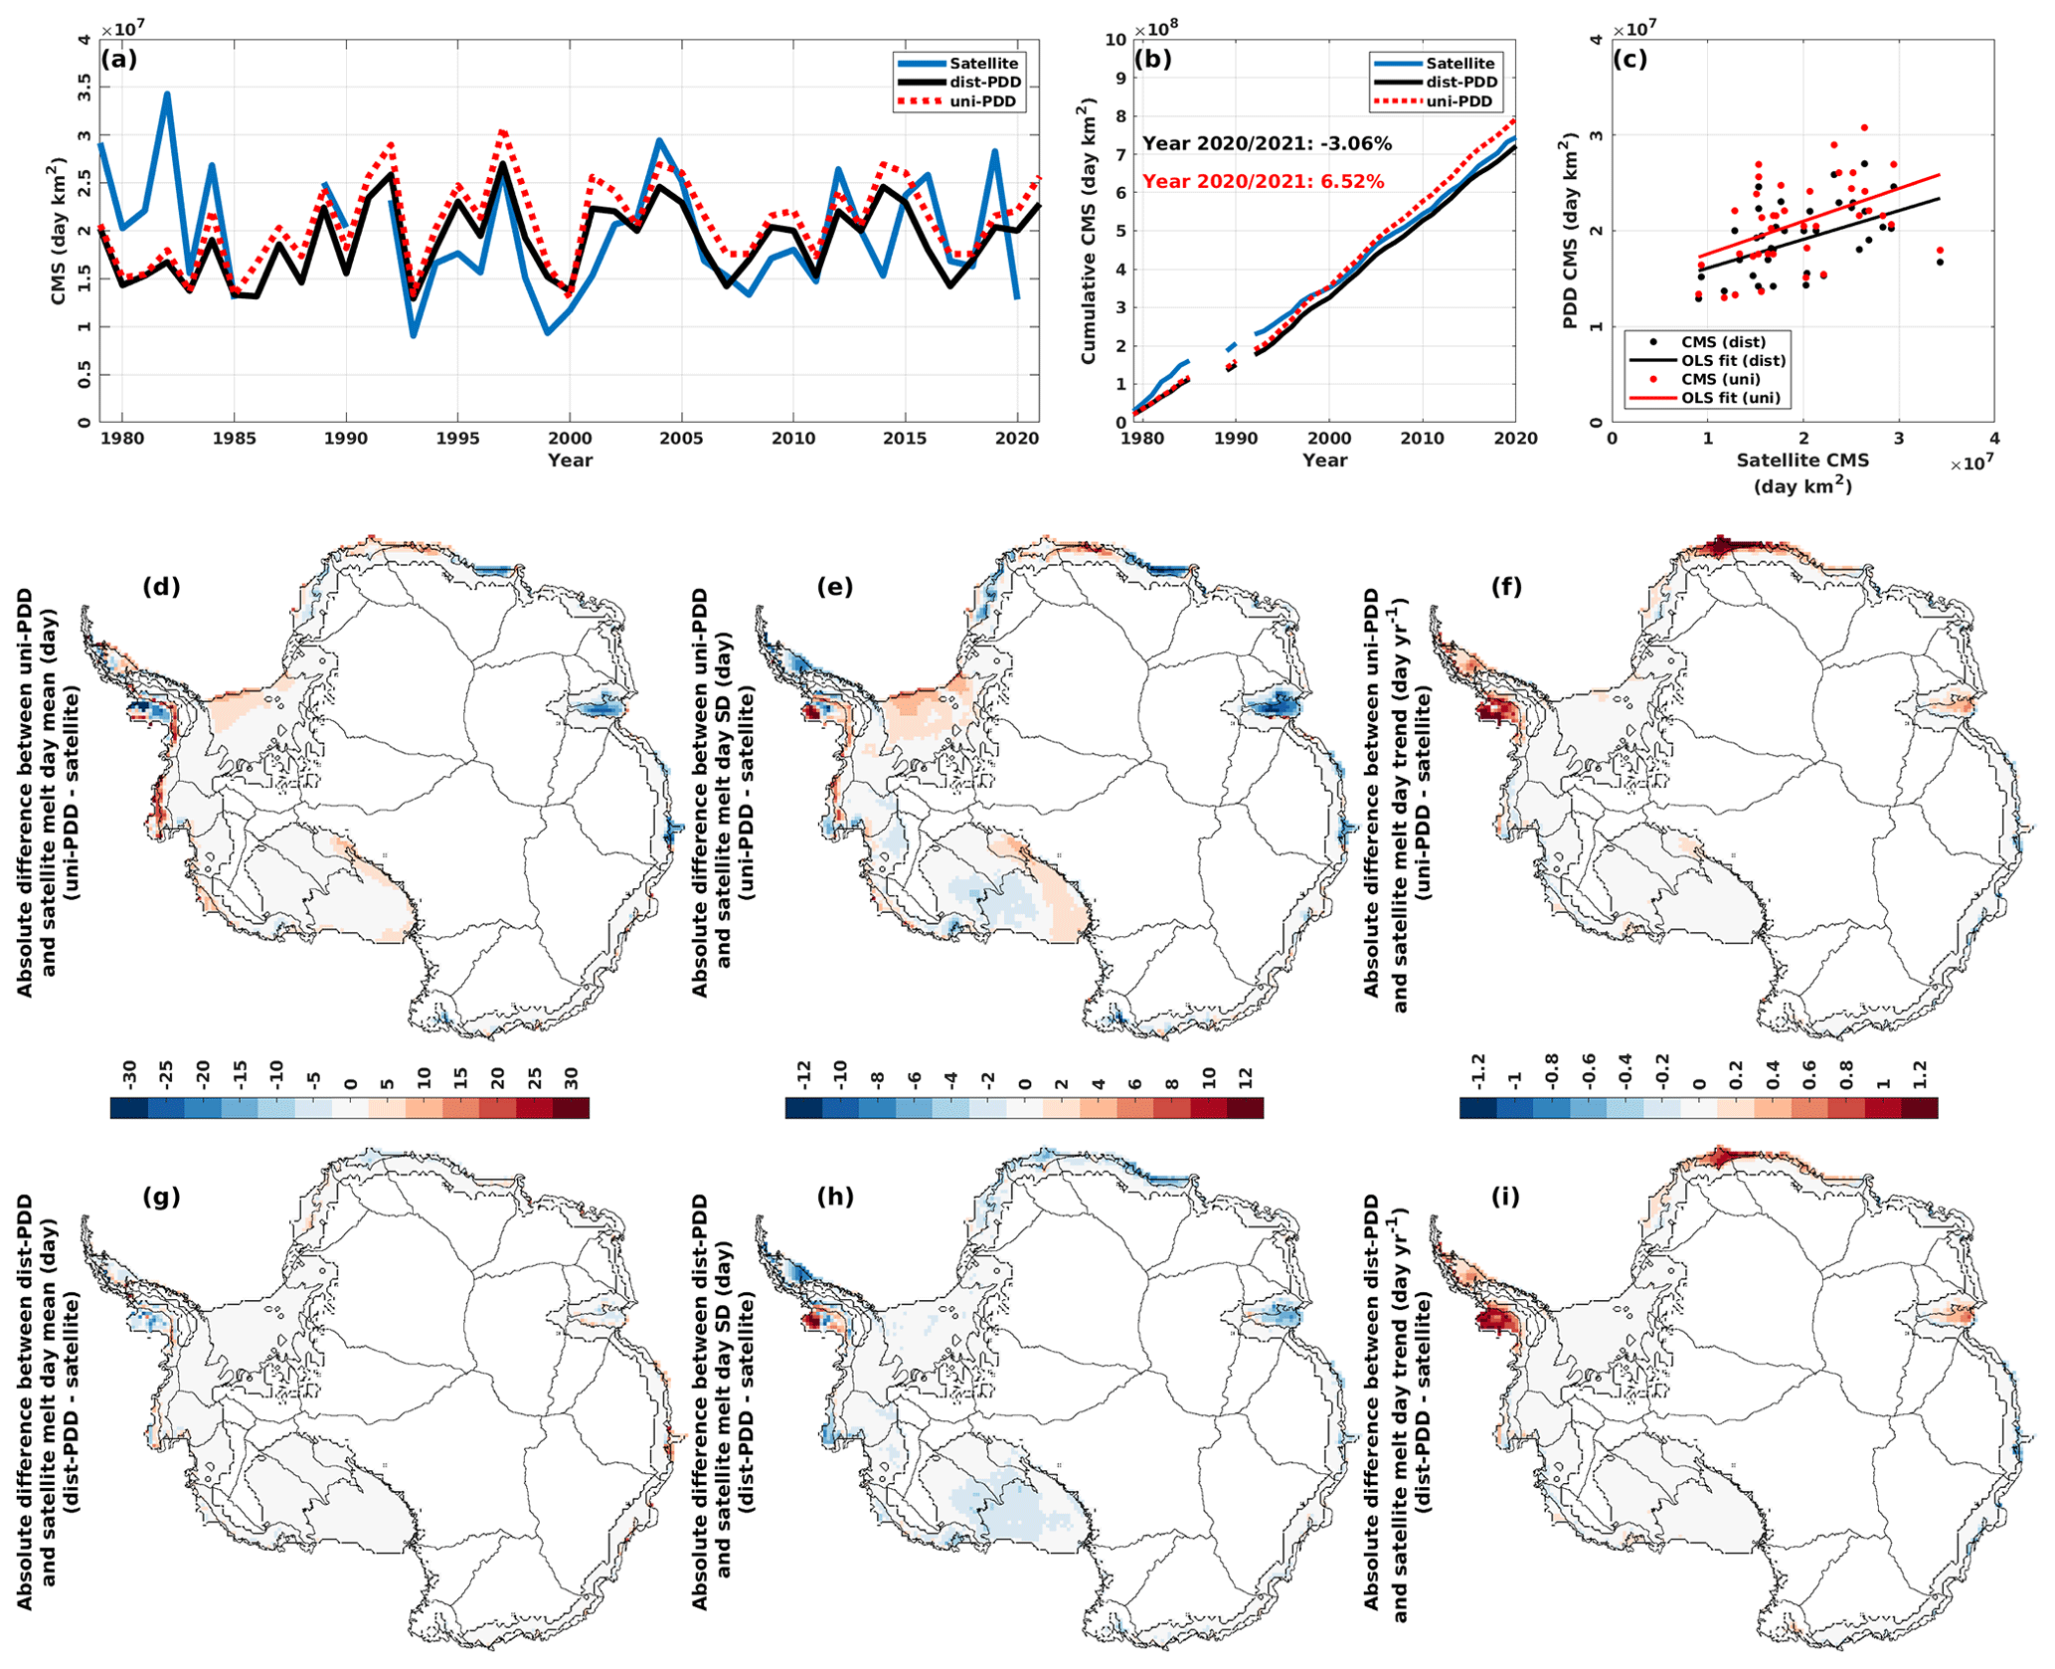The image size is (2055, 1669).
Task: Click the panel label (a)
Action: (119, 59)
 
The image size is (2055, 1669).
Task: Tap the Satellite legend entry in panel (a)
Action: (982, 64)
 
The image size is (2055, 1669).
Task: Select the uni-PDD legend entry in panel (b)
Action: (1458, 101)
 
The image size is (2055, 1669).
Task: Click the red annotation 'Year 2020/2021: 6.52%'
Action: (1263, 182)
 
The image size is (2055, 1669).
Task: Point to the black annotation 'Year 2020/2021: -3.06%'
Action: (1267, 144)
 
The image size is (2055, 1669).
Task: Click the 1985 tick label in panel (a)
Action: (234, 439)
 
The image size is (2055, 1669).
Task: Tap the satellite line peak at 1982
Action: (167, 94)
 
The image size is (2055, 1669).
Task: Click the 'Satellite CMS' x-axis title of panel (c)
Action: (1802, 462)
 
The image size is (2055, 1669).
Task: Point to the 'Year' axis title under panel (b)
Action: (1324, 461)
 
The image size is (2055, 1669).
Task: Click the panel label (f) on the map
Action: (1506, 587)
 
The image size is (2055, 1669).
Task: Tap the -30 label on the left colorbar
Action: (129, 1073)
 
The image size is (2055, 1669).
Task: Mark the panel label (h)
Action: (834, 1197)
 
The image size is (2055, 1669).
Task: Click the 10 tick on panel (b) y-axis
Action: (1114, 41)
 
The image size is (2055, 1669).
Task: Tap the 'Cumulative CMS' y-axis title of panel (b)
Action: (1089, 231)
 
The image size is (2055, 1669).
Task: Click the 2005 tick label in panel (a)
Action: (681, 439)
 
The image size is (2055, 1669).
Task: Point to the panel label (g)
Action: (161, 1197)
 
